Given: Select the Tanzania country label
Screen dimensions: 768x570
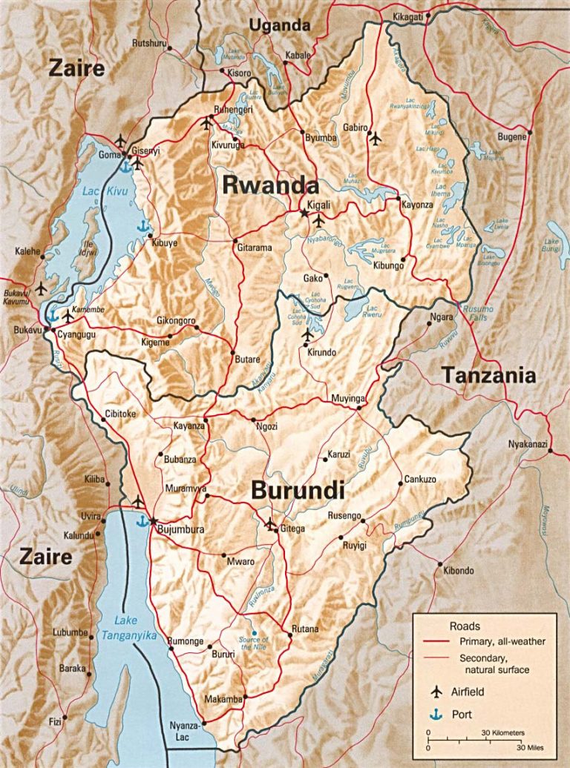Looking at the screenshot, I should [489, 375].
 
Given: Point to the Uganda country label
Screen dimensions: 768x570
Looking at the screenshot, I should [279, 25].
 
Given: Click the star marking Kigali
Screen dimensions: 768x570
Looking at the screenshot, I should [304, 213].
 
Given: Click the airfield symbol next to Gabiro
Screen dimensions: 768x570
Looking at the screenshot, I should [376, 137].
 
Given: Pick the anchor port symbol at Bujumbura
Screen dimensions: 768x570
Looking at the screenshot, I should [141, 521].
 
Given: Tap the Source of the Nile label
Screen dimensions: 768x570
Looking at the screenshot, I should [253, 643].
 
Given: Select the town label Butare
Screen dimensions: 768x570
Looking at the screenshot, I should [247, 360].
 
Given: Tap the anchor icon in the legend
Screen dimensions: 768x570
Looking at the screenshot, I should [436, 715].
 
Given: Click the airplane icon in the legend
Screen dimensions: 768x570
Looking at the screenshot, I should [436, 692].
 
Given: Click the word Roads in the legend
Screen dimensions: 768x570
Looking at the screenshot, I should [465, 626].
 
